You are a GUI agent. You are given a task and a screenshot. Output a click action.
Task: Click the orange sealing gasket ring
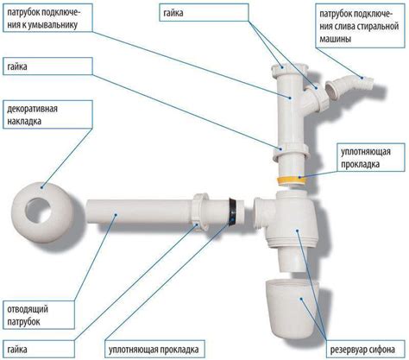click(292, 181)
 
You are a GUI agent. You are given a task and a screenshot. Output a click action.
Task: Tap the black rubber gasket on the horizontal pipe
click(232, 211)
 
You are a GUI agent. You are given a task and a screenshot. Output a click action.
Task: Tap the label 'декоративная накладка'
click(47, 115)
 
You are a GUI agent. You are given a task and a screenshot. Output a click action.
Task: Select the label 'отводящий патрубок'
click(39, 315)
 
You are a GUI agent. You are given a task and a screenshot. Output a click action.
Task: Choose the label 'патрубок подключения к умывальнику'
click(47, 18)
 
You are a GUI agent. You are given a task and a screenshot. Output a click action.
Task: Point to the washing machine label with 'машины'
click(361, 26)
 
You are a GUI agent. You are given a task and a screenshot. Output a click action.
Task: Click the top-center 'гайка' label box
click(204, 12)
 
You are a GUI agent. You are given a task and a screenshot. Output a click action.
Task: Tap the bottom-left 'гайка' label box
click(39, 350)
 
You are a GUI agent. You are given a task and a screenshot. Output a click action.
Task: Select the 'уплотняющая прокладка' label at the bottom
click(154, 350)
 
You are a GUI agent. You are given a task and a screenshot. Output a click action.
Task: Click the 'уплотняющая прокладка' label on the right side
click(372, 158)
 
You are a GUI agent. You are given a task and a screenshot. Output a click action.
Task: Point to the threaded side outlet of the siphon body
click(262, 213)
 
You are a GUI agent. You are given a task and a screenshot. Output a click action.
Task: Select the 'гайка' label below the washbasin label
click(47, 66)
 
